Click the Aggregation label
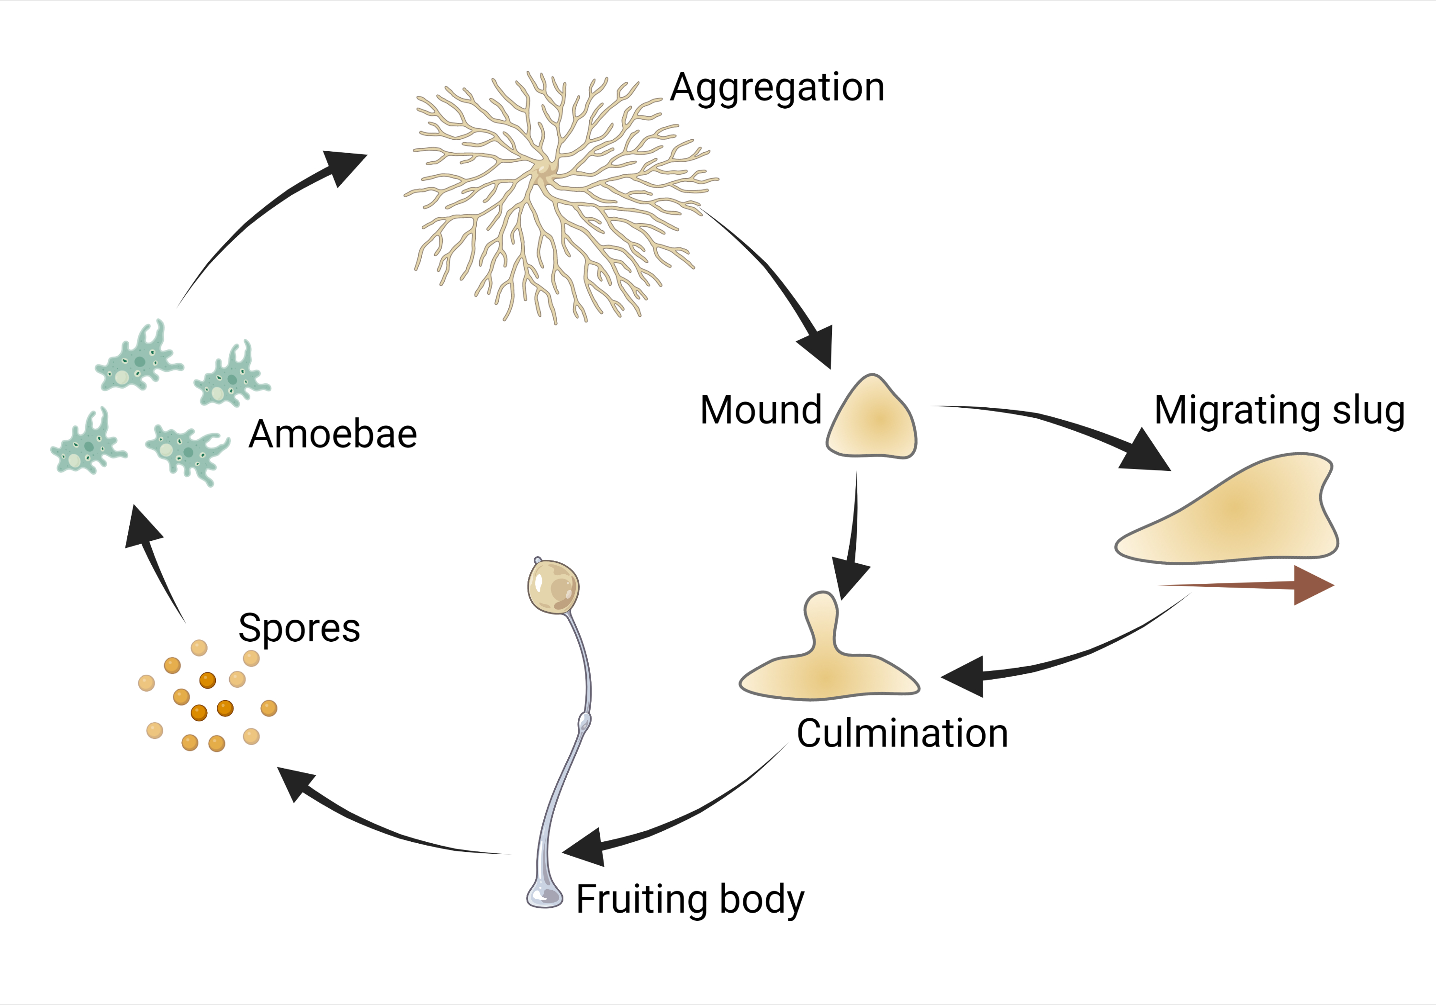tap(777, 88)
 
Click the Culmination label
tap(902, 733)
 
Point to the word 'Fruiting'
tap(642, 899)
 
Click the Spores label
tap(299, 628)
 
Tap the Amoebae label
tap(333, 434)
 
